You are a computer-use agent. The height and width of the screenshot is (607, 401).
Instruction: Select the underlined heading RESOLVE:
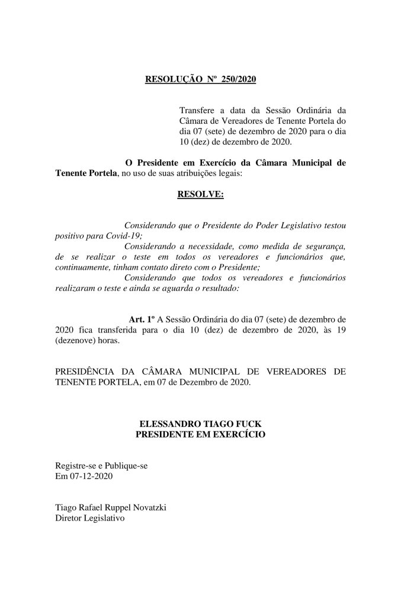pyautogui.click(x=200, y=194)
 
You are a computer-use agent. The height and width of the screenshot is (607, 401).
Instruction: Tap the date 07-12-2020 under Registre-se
pyautogui.click(x=88, y=476)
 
